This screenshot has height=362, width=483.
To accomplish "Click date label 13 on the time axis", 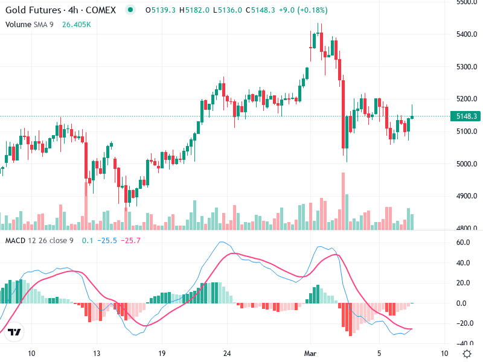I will click(96, 354).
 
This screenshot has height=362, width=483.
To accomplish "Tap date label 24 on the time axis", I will click(227, 354).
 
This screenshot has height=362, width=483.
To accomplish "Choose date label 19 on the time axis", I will click(161, 354).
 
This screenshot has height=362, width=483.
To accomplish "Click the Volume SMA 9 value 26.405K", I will click(75, 25).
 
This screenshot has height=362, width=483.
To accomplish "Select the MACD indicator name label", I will click(14, 241).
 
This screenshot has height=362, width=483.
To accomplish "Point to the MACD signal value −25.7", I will click(130, 241).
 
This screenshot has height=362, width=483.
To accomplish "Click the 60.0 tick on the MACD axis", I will click(463, 243).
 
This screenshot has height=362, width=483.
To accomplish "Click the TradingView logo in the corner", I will click(15, 332).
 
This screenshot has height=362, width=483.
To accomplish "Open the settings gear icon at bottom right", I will click(467, 354).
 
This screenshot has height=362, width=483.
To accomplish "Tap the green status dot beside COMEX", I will click(130, 10).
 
